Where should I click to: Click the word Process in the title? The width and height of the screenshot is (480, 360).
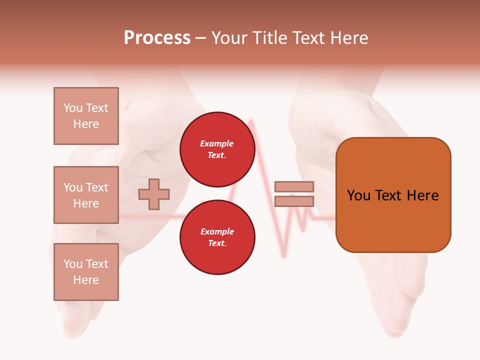pos(157,38)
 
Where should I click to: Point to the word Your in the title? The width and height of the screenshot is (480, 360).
pos(229,38)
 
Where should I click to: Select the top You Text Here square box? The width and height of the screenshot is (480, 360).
pos(86,116)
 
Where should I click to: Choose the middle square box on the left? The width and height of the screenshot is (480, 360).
pos(86,195)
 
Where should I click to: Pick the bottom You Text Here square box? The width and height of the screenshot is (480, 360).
pos(86,272)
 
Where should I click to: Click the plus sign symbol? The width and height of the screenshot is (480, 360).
pos(154,194)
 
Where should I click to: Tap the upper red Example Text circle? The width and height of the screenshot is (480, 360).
pos(217,149)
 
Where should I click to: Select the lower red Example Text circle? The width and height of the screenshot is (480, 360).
pos(217,237)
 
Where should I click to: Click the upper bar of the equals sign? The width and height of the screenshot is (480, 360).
pos(294,186)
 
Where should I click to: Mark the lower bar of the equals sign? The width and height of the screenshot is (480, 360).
pos(294,201)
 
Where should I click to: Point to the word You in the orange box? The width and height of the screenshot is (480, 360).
pos(358,195)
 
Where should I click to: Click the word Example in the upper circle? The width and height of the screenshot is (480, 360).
pos(217,144)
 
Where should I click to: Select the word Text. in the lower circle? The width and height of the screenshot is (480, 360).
pos(217,243)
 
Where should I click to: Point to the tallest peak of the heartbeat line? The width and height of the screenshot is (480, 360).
pos(250,120)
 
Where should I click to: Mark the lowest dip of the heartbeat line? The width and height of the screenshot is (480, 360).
pos(284,256)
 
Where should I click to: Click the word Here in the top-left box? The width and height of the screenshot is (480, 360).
pos(86,124)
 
